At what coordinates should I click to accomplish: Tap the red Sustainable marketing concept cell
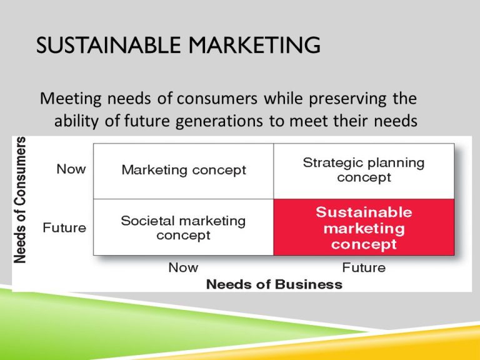tap(364, 227)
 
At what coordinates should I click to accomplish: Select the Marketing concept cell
tap(184, 170)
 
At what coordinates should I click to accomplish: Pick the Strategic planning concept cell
tap(364, 170)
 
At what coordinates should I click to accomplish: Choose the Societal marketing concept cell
tap(184, 227)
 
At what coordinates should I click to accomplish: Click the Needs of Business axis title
tap(274, 285)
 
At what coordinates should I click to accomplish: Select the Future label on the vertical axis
tap(64, 227)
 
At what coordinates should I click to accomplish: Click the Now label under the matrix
tap(184, 268)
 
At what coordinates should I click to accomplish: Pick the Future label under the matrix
tap(364, 268)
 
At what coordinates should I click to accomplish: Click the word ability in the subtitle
tap(76, 121)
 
